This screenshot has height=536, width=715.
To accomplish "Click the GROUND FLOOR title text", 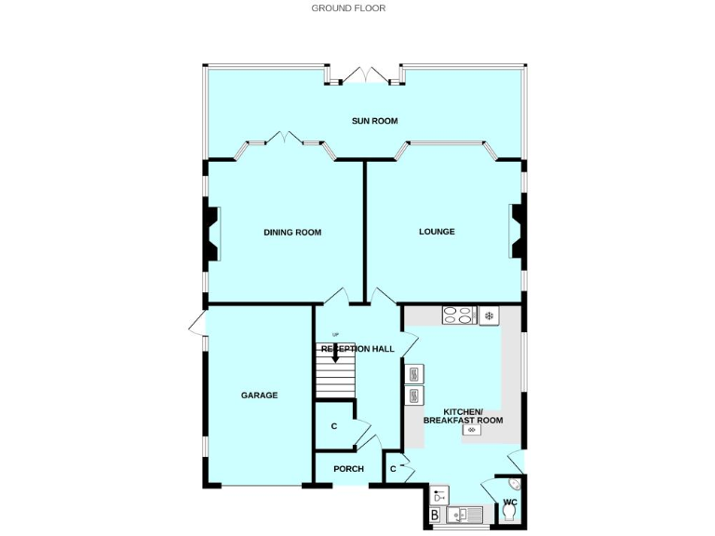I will point(348,8).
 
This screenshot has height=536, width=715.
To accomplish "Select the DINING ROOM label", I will point(292,232).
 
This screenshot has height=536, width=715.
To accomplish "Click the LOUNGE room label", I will point(437,231).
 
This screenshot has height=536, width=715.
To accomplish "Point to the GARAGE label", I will point(260,395).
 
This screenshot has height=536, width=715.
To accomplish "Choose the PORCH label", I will point(348,468).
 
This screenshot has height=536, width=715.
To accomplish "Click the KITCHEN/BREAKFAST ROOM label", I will point(463,416).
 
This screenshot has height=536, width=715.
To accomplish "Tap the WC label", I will point(509,502).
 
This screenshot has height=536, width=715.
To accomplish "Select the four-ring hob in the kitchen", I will point(458,315).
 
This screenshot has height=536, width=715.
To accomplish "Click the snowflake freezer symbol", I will point(489,316).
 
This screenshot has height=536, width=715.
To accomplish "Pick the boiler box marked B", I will point(435,514).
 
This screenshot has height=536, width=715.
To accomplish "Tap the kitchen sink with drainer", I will point(465,514).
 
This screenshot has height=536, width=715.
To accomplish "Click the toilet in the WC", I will point(509,514).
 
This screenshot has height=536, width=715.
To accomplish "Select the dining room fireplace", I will point(211,232).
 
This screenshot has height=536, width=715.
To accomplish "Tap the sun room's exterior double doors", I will point(364,75).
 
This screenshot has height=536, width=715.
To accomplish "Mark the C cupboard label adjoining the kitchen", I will point(393,468).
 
